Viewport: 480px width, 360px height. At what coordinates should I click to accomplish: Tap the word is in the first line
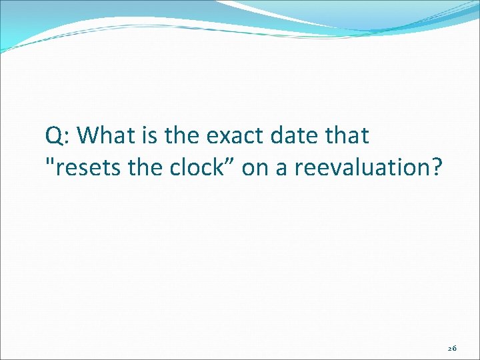coord(148,136)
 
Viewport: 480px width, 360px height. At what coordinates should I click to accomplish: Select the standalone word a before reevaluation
coord(281,169)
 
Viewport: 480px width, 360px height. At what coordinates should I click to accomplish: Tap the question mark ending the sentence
coord(435,167)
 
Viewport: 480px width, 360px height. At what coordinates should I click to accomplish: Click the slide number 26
coord(452,348)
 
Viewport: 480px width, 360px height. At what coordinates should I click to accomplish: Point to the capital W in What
coord(88,136)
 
